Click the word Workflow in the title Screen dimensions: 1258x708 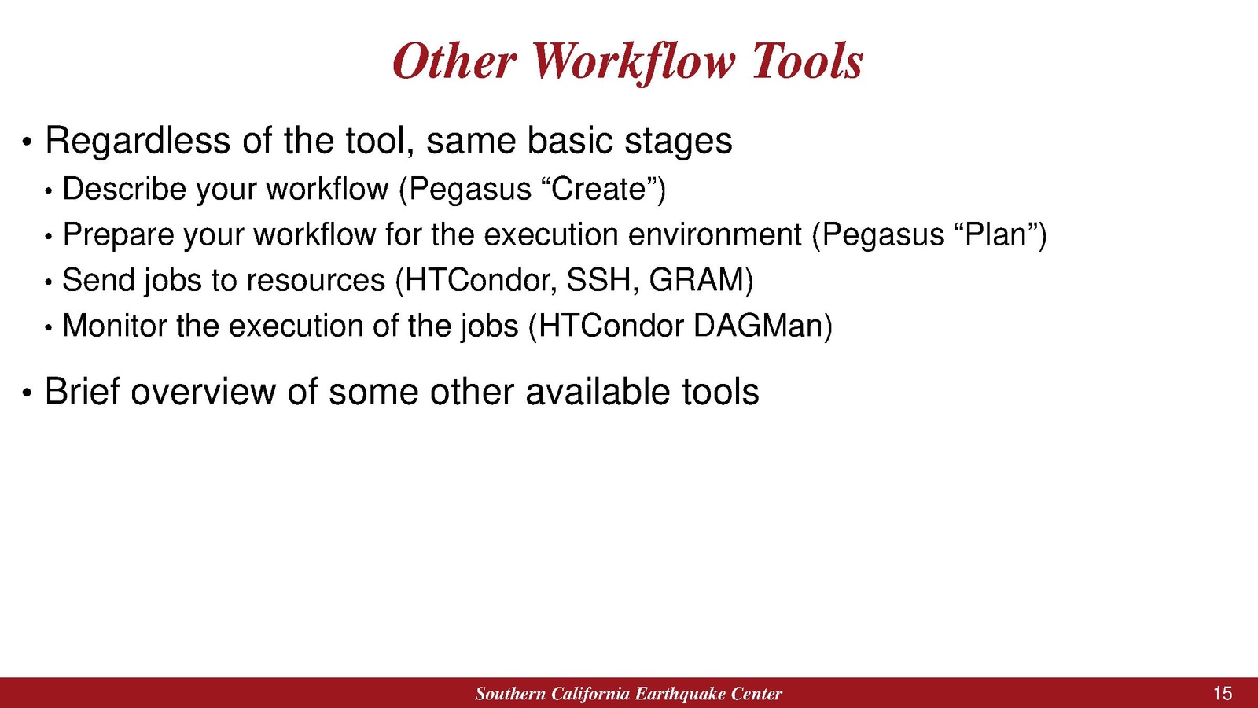pos(633,62)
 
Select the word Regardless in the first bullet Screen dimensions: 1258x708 pos(138,141)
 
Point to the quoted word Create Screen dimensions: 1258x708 pos(598,189)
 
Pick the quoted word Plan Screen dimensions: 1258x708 pos(995,234)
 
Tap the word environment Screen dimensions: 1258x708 pos(715,235)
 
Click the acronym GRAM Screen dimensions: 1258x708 pos(697,280)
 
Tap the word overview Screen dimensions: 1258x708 pos(204,393)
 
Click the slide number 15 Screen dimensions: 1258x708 pos(1223,693)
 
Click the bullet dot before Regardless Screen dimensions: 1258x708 pos(27,142)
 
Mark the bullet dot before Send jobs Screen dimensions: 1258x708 pos(48,282)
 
